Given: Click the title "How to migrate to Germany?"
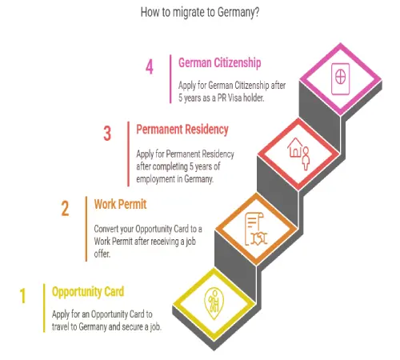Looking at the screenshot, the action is pyautogui.click(x=200, y=12).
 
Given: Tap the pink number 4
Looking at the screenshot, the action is pyautogui.click(x=150, y=66).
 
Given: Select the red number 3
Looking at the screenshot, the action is pyautogui.click(x=107, y=133).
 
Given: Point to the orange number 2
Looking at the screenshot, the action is pyautogui.click(x=65, y=208).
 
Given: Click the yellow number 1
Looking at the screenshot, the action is pyautogui.click(x=23, y=295).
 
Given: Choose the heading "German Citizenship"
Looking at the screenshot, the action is pyautogui.click(x=220, y=63).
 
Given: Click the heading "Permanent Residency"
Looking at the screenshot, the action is pyautogui.click(x=182, y=130).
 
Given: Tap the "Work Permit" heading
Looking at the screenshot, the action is pyautogui.click(x=120, y=205).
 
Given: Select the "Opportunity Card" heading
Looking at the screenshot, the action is pyautogui.click(x=88, y=292).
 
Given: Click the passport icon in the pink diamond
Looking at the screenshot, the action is pyautogui.click(x=340, y=79).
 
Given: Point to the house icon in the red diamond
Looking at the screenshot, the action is pyautogui.click(x=294, y=147).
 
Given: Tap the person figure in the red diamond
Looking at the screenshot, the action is pyautogui.click(x=306, y=158).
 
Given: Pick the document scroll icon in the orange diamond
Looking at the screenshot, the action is pyautogui.click(x=255, y=229).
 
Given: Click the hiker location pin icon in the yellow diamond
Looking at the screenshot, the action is pyautogui.click(x=214, y=303).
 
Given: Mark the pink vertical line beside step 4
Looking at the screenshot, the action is pyautogui.click(x=170, y=79).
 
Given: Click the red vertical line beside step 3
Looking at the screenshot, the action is pyautogui.click(x=129, y=154).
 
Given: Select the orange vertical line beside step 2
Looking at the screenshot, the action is pyautogui.click(x=86, y=229).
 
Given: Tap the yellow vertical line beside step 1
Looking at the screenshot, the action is pyautogui.click(x=44, y=308).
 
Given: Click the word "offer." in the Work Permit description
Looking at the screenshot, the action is pyautogui.click(x=102, y=254).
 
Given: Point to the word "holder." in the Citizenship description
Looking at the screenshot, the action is pyautogui.click(x=254, y=98).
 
